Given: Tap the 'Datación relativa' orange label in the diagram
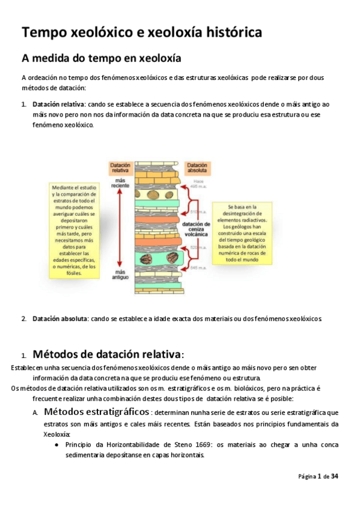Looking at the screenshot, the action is [x=120, y=168].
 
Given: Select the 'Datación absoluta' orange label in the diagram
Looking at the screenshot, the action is [x=198, y=168].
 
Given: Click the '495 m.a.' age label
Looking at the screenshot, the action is [x=198, y=184].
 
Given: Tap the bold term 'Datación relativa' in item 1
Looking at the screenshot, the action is [x=58, y=104].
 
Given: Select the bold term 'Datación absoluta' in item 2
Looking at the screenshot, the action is [x=59, y=318].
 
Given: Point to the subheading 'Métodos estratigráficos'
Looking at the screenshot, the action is [x=97, y=412].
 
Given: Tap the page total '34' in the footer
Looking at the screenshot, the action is [x=335, y=476].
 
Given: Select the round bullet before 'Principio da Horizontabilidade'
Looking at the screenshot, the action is [x=56, y=445].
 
